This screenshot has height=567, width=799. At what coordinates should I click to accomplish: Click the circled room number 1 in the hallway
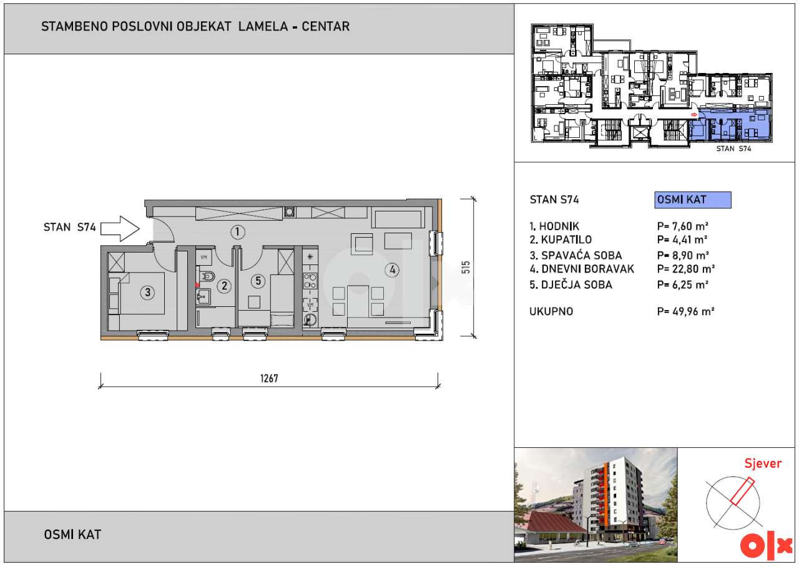[x=238, y=232]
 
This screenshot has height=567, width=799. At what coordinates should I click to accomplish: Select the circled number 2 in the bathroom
[x=224, y=286]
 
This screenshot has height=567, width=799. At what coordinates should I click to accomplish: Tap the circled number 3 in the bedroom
[x=147, y=293]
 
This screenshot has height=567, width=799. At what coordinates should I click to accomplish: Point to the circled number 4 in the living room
[x=392, y=270]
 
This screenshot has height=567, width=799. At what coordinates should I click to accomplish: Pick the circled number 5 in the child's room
[x=258, y=281]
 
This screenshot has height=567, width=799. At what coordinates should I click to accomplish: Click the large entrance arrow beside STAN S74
[x=120, y=228]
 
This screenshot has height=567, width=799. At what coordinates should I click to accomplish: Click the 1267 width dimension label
[x=269, y=378]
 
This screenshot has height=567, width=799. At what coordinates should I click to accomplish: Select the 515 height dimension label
[x=466, y=268]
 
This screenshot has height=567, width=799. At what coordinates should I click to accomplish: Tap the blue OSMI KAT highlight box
[x=693, y=200]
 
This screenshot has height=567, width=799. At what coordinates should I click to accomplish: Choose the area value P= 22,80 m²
[x=686, y=269]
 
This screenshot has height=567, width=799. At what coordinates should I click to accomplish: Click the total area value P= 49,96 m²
[x=685, y=311]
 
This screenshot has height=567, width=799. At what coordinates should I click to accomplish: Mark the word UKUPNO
[x=551, y=311]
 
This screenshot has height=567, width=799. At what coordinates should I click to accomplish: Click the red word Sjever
[x=763, y=463]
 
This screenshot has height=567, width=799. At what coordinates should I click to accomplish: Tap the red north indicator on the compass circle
[x=742, y=491]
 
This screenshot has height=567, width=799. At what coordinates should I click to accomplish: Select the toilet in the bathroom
[x=207, y=276]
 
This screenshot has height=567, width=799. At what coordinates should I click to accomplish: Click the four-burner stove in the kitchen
[x=310, y=281]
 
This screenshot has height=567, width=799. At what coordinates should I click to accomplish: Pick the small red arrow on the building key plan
[x=694, y=114]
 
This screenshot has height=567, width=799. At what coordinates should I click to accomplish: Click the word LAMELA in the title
[x=263, y=26]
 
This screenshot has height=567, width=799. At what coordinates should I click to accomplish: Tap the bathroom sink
[x=203, y=296]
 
